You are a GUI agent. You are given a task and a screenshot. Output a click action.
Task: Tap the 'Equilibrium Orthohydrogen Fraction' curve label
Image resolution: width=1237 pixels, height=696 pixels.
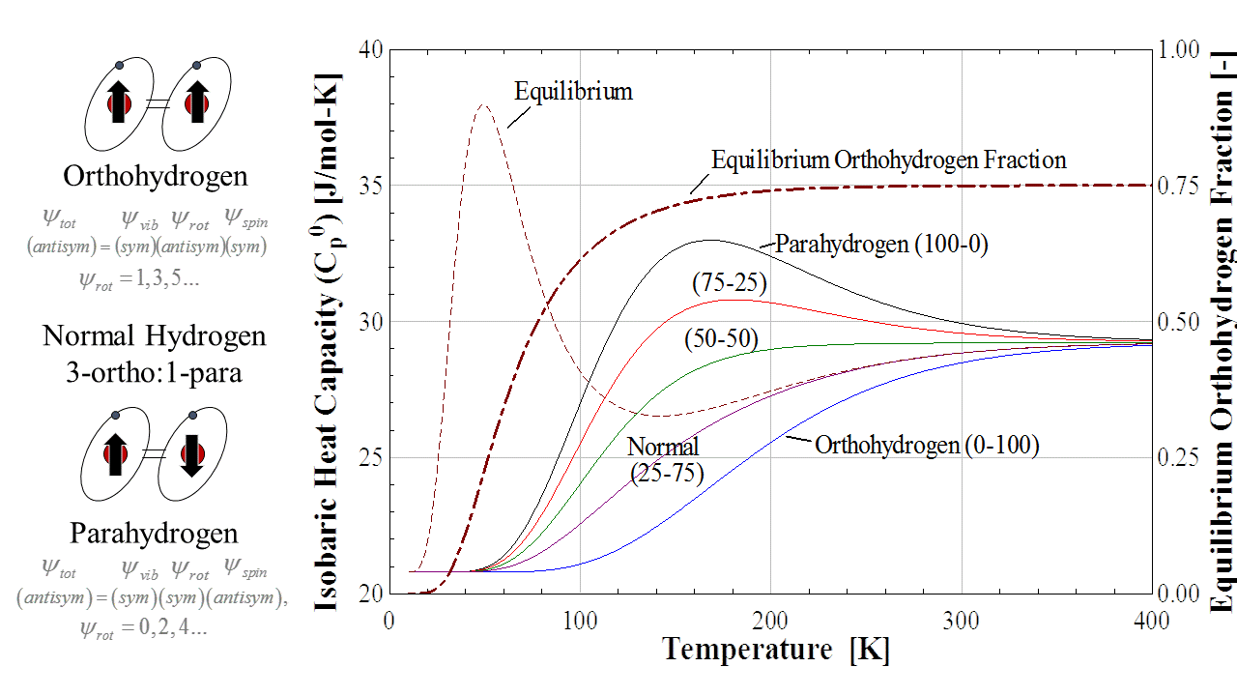[888, 159]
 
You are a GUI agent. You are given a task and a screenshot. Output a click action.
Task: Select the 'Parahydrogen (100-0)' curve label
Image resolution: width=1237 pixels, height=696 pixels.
[881, 245]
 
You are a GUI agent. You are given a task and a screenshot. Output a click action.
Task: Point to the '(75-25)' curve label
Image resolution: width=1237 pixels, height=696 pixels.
[730, 283]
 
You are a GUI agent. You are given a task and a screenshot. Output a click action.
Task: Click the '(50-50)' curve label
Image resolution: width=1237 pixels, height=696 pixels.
[721, 339]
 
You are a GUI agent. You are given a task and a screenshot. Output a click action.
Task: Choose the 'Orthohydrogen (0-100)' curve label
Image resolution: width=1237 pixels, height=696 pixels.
[926, 446]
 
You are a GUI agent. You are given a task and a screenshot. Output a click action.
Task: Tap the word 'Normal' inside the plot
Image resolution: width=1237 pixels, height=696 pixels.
[663, 447]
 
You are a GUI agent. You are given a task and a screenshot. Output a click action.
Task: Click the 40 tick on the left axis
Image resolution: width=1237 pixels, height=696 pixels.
[371, 49]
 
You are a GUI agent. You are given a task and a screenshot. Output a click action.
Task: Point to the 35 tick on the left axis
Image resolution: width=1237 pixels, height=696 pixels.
[371, 186]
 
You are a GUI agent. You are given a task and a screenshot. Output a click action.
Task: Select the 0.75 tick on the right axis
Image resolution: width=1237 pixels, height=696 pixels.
[1177, 186]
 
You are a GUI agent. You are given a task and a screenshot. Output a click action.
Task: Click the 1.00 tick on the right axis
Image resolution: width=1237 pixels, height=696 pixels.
[1177, 49]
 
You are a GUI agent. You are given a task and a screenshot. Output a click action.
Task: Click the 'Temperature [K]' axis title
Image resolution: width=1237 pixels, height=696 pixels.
[776, 649]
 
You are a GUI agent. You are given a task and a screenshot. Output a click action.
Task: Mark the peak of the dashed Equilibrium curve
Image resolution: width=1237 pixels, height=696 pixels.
[484, 103]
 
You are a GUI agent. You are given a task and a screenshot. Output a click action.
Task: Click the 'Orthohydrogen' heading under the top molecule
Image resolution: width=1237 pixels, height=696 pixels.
[156, 176]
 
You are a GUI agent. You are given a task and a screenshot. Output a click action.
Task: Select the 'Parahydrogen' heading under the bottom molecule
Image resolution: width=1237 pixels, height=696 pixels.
[155, 533]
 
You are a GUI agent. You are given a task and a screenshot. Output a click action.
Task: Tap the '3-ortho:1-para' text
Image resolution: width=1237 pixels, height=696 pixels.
[155, 371]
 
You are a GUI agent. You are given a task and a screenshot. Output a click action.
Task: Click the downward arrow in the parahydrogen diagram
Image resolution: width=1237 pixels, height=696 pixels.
[190, 456]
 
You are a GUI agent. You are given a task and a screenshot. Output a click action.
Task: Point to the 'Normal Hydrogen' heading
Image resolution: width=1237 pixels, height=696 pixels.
[155, 336]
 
